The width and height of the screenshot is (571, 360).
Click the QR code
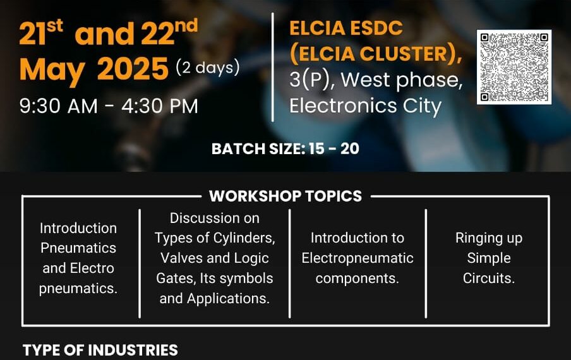[x=514, y=68]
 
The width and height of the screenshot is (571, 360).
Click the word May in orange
[x=52, y=71]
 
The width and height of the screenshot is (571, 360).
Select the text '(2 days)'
[x=208, y=68]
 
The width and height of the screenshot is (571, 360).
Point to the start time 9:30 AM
[x=59, y=106]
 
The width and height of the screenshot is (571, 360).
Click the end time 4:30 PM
[x=160, y=106]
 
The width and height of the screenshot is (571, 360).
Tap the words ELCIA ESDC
[x=346, y=28]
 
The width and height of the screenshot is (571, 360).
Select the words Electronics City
[x=365, y=106]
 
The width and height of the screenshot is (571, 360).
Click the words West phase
[x=401, y=80]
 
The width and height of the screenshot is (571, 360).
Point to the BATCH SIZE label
[x=258, y=149]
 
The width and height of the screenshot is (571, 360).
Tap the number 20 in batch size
[x=349, y=149]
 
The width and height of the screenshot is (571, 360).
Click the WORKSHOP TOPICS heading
[x=285, y=196]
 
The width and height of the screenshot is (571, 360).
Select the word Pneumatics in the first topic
[x=78, y=248]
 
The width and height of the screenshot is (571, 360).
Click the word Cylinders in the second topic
[x=244, y=239]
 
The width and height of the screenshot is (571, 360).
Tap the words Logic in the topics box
[x=251, y=258]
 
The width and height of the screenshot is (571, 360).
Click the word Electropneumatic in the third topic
[x=358, y=258]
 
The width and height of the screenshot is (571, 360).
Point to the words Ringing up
[x=489, y=239]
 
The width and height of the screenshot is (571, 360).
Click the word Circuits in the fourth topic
[x=489, y=279]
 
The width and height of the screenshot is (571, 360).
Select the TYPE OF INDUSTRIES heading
[x=100, y=350]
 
